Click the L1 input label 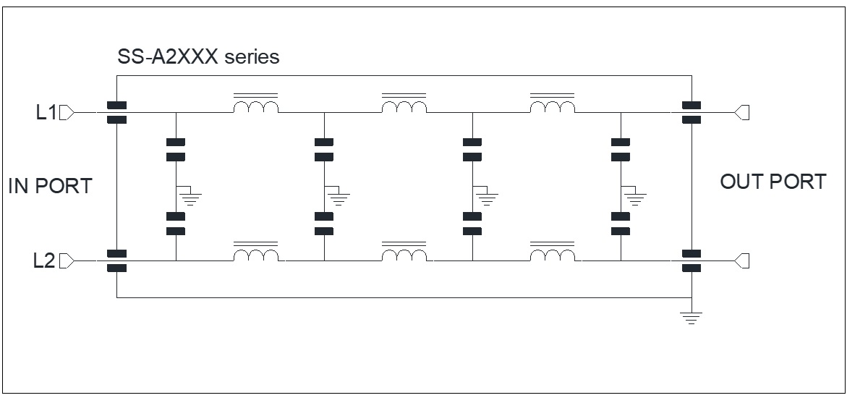click(46, 112)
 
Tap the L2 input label click(44, 261)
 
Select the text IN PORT click(50, 186)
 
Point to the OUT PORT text click(773, 182)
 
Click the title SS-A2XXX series click(198, 56)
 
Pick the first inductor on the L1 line click(256, 103)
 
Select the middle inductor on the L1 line click(404, 103)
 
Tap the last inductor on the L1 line click(553, 103)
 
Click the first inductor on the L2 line click(256, 252)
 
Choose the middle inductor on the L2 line click(404, 252)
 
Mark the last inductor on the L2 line click(553, 252)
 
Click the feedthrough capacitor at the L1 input click(116, 112)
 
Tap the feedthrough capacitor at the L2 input click(116, 261)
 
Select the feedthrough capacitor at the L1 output click(691, 112)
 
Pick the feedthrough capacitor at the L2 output click(691, 261)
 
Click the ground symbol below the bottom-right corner click(691, 318)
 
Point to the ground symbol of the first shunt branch click(189, 197)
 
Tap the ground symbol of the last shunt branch click(634, 197)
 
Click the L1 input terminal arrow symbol click(67, 112)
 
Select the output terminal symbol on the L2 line click(741, 261)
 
